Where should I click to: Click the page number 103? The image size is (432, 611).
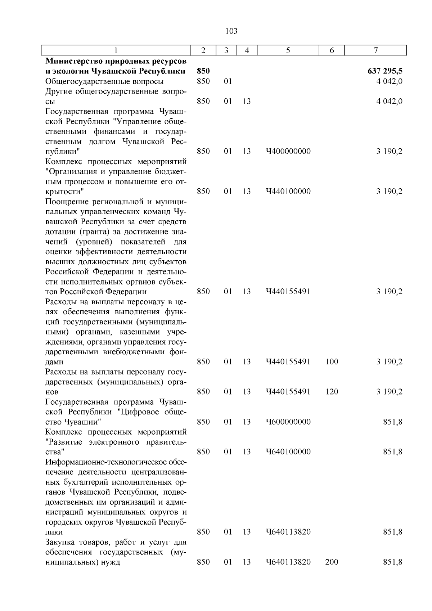tap(231, 31)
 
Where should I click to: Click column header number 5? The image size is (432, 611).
tap(288, 51)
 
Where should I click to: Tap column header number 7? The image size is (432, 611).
tap(375, 51)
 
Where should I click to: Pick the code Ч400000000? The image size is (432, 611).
tap(288, 151)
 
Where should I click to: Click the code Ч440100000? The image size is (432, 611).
tap(288, 192)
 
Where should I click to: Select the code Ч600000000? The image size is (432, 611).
tap(288, 422)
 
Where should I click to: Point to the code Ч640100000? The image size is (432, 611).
tap(288, 452)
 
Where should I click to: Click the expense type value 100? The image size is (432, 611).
tap(332, 362)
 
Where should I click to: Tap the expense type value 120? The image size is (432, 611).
tap(332, 392)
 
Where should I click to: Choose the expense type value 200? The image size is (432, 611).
tap(332, 562)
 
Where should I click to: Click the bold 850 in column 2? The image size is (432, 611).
tap(203, 71)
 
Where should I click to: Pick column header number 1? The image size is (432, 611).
tap(116, 51)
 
